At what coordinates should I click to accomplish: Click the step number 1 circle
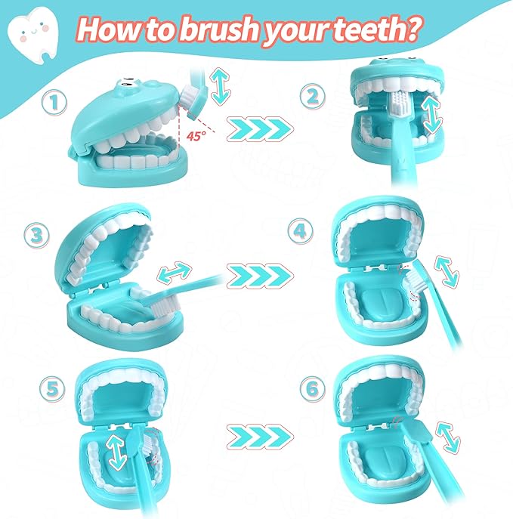point(54,102)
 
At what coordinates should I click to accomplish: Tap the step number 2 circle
point(313,96)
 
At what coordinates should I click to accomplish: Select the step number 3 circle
point(37,236)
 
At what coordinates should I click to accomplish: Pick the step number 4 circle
point(300,231)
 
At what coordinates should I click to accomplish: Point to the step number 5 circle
point(52,389)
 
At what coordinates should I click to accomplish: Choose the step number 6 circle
point(313,389)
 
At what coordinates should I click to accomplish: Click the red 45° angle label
point(196,136)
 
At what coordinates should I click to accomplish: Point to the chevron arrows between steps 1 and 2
point(260,129)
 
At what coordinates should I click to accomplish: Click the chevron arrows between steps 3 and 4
point(260,276)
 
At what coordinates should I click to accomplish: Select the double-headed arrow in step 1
point(220,86)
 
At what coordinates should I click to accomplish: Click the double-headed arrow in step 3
point(175,272)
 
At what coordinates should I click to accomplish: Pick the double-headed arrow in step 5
point(118,453)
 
